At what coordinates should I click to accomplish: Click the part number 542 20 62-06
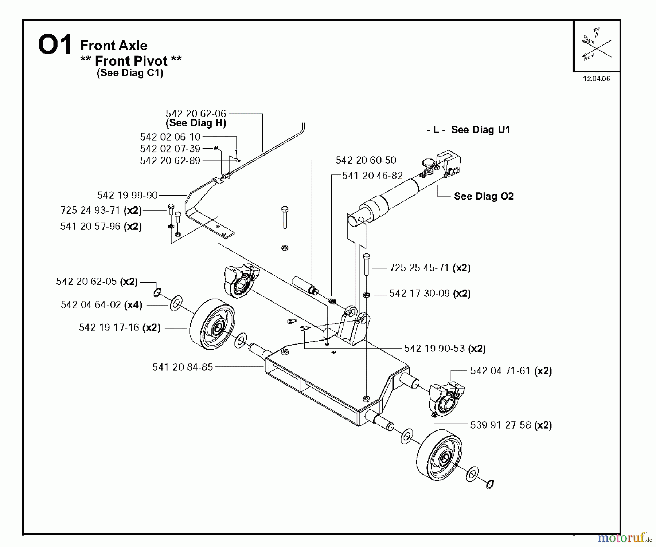point(196,114)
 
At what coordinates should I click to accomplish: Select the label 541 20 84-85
point(182,367)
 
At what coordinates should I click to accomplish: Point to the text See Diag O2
point(483,196)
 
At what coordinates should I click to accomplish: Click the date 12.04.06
point(596,79)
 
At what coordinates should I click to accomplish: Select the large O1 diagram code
point(55,46)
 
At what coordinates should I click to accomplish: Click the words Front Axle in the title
point(114,46)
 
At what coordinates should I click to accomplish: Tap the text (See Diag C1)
point(130,73)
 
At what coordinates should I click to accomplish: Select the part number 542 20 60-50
point(366,160)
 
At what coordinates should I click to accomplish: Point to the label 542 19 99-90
point(127,195)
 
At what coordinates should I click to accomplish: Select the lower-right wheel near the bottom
point(439,455)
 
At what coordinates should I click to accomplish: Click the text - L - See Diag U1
point(468,130)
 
